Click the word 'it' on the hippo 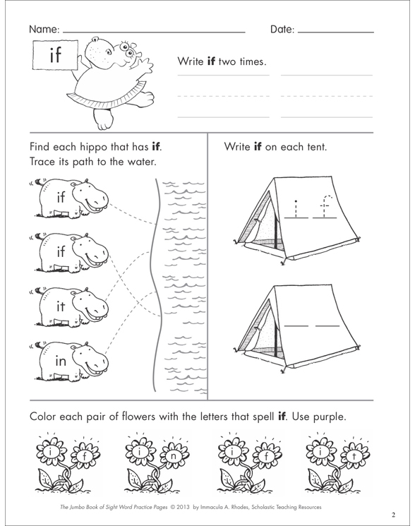point(61,306)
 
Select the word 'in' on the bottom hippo point(61,361)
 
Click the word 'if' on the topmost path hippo point(61,198)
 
